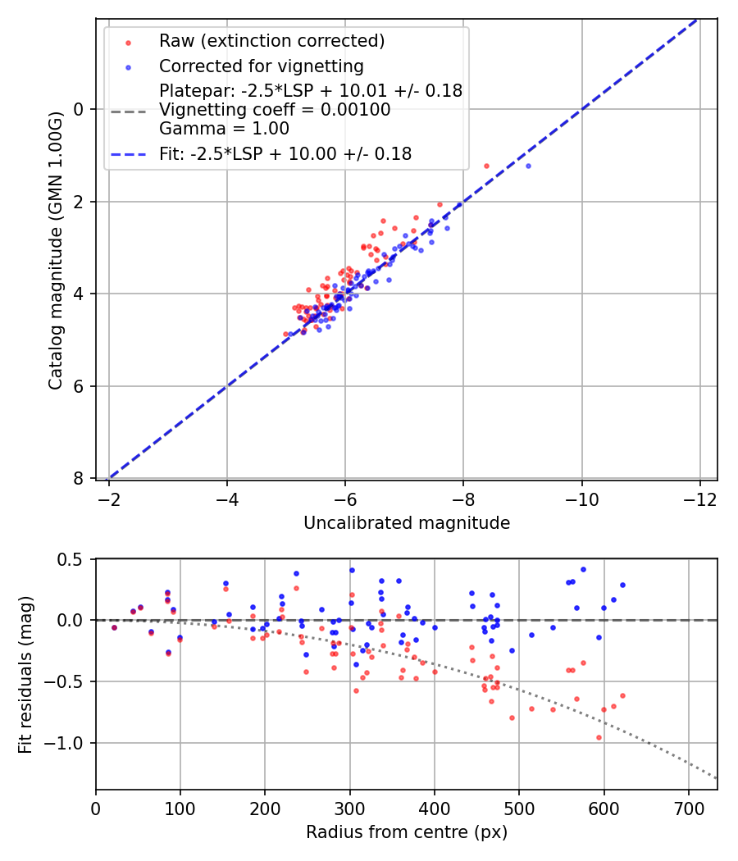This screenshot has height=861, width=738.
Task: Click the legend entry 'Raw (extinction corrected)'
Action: pyautogui.click(x=271, y=41)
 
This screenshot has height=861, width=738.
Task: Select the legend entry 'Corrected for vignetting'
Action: pyautogui.click(x=261, y=66)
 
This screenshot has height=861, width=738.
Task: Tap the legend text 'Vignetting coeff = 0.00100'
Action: pyautogui.click(x=275, y=109)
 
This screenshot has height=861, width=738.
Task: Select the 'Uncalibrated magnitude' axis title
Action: pyautogui.click(x=407, y=523)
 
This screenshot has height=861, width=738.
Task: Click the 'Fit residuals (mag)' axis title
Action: pyautogui.click(x=25, y=674)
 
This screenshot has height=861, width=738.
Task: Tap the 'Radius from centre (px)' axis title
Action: pyautogui.click(x=407, y=832)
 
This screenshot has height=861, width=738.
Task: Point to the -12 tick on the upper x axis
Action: pyautogui.click(x=699, y=499)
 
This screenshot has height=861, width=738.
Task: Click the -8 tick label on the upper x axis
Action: pyautogui.click(x=463, y=499)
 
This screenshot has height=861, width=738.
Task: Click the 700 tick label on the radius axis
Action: pyautogui.click(x=688, y=808)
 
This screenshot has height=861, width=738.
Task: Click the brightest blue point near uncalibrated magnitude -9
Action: pyautogui.click(x=528, y=166)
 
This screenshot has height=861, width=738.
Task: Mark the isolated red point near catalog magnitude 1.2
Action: pyautogui.click(x=486, y=166)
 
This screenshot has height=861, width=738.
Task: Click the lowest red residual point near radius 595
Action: pyautogui.click(x=599, y=737)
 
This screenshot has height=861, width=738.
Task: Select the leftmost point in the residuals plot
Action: pyautogui.click(x=114, y=627)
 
